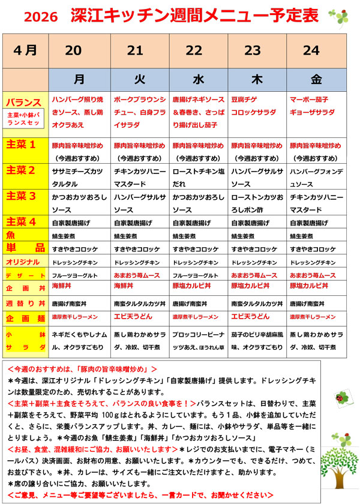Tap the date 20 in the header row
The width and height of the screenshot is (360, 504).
(73, 50)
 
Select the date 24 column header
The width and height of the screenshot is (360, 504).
(311, 50)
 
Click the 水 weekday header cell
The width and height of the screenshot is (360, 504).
(197, 79)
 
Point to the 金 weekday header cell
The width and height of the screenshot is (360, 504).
(316, 79)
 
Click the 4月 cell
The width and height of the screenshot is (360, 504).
(25, 50)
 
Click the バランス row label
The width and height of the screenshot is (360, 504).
(25, 102)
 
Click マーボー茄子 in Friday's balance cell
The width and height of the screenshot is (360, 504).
(309, 99)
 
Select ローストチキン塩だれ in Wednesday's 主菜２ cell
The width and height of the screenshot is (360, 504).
(198, 176)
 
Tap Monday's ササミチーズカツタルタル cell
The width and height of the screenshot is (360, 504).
(79, 176)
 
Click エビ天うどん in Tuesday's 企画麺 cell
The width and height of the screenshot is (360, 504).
(131, 316)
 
